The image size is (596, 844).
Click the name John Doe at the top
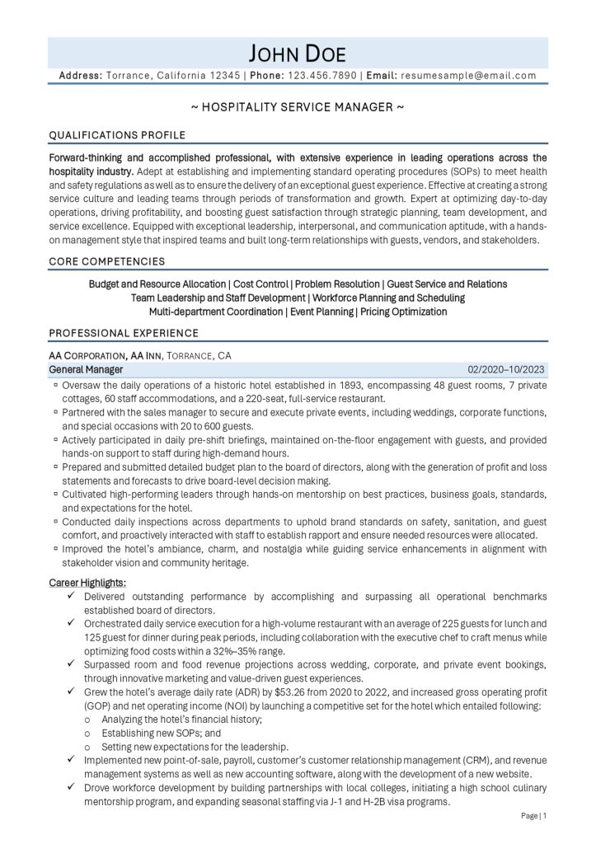click(298, 54)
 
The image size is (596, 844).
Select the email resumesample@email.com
click(468, 75)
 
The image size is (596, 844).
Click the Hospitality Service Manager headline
click(298, 108)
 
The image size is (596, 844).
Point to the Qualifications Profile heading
click(117, 134)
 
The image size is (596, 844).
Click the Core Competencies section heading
click(106, 261)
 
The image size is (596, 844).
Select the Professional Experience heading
click(124, 333)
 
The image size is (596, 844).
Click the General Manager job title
click(87, 370)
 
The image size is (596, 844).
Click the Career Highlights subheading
click(87, 583)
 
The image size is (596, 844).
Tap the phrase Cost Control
click(264, 284)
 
